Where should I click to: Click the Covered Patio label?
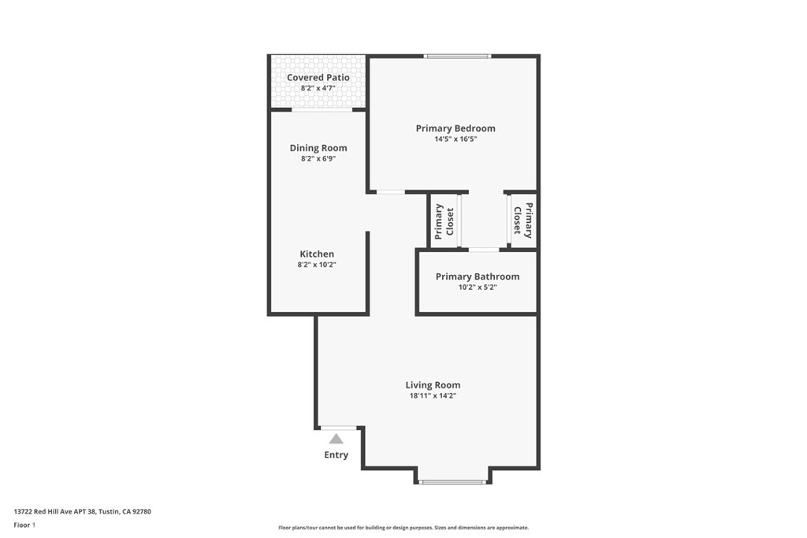tap(318, 78)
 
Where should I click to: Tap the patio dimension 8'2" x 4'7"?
tap(318, 88)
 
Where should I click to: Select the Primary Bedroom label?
tap(456, 128)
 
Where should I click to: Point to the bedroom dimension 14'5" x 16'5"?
tap(456, 139)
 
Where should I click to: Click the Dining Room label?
tap(318, 148)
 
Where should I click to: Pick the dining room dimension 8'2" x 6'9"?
tap(318, 158)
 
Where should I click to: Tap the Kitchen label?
tap(317, 254)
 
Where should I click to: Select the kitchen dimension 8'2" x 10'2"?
tap(317, 265)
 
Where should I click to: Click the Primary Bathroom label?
tap(478, 276)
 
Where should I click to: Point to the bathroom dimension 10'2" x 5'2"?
tap(478, 287)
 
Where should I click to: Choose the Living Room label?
tap(433, 385)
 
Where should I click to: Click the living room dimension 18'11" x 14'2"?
tap(433, 395)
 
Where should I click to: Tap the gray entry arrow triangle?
tap(336, 439)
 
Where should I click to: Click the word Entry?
tap(336, 455)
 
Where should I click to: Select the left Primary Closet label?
tap(444, 221)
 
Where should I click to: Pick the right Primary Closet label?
tap(523, 221)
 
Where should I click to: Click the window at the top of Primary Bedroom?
tap(457, 56)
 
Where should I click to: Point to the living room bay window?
tap(452, 482)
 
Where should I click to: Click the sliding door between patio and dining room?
tap(322, 109)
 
